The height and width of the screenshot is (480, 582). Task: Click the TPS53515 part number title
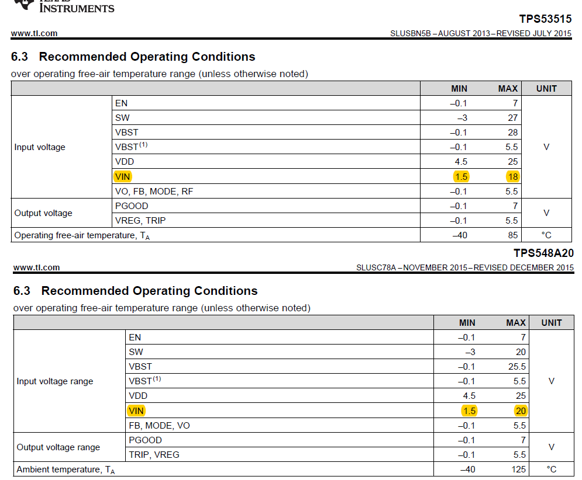click(545, 19)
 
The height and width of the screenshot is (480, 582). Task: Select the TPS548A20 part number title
click(543, 253)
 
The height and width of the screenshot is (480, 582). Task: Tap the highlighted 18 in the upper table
click(512, 176)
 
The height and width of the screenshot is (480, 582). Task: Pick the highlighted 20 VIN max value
click(521, 411)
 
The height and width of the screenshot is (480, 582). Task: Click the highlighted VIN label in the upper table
click(123, 176)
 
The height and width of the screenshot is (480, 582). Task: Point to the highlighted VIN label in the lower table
click(136, 411)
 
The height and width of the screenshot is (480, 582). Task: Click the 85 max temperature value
click(512, 235)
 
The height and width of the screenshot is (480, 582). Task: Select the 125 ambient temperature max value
click(518, 469)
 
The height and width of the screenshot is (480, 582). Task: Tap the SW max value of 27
click(512, 117)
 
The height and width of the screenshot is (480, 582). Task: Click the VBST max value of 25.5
click(517, 367)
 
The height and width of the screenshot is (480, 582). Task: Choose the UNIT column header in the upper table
click(546, 89)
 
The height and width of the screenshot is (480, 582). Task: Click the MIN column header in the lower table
click(467, 323)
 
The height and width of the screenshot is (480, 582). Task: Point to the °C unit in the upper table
click(546, 235)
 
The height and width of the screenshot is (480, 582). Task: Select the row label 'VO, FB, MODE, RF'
click(154, 191)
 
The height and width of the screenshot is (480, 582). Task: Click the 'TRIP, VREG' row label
click(154, 454)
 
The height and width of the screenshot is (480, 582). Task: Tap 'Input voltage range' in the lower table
click(54, 381)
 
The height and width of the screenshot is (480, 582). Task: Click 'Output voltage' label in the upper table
click(43, 213)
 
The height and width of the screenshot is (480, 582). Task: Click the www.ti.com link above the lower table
click(36, 267)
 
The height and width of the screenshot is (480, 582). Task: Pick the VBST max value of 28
click(512, 132)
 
